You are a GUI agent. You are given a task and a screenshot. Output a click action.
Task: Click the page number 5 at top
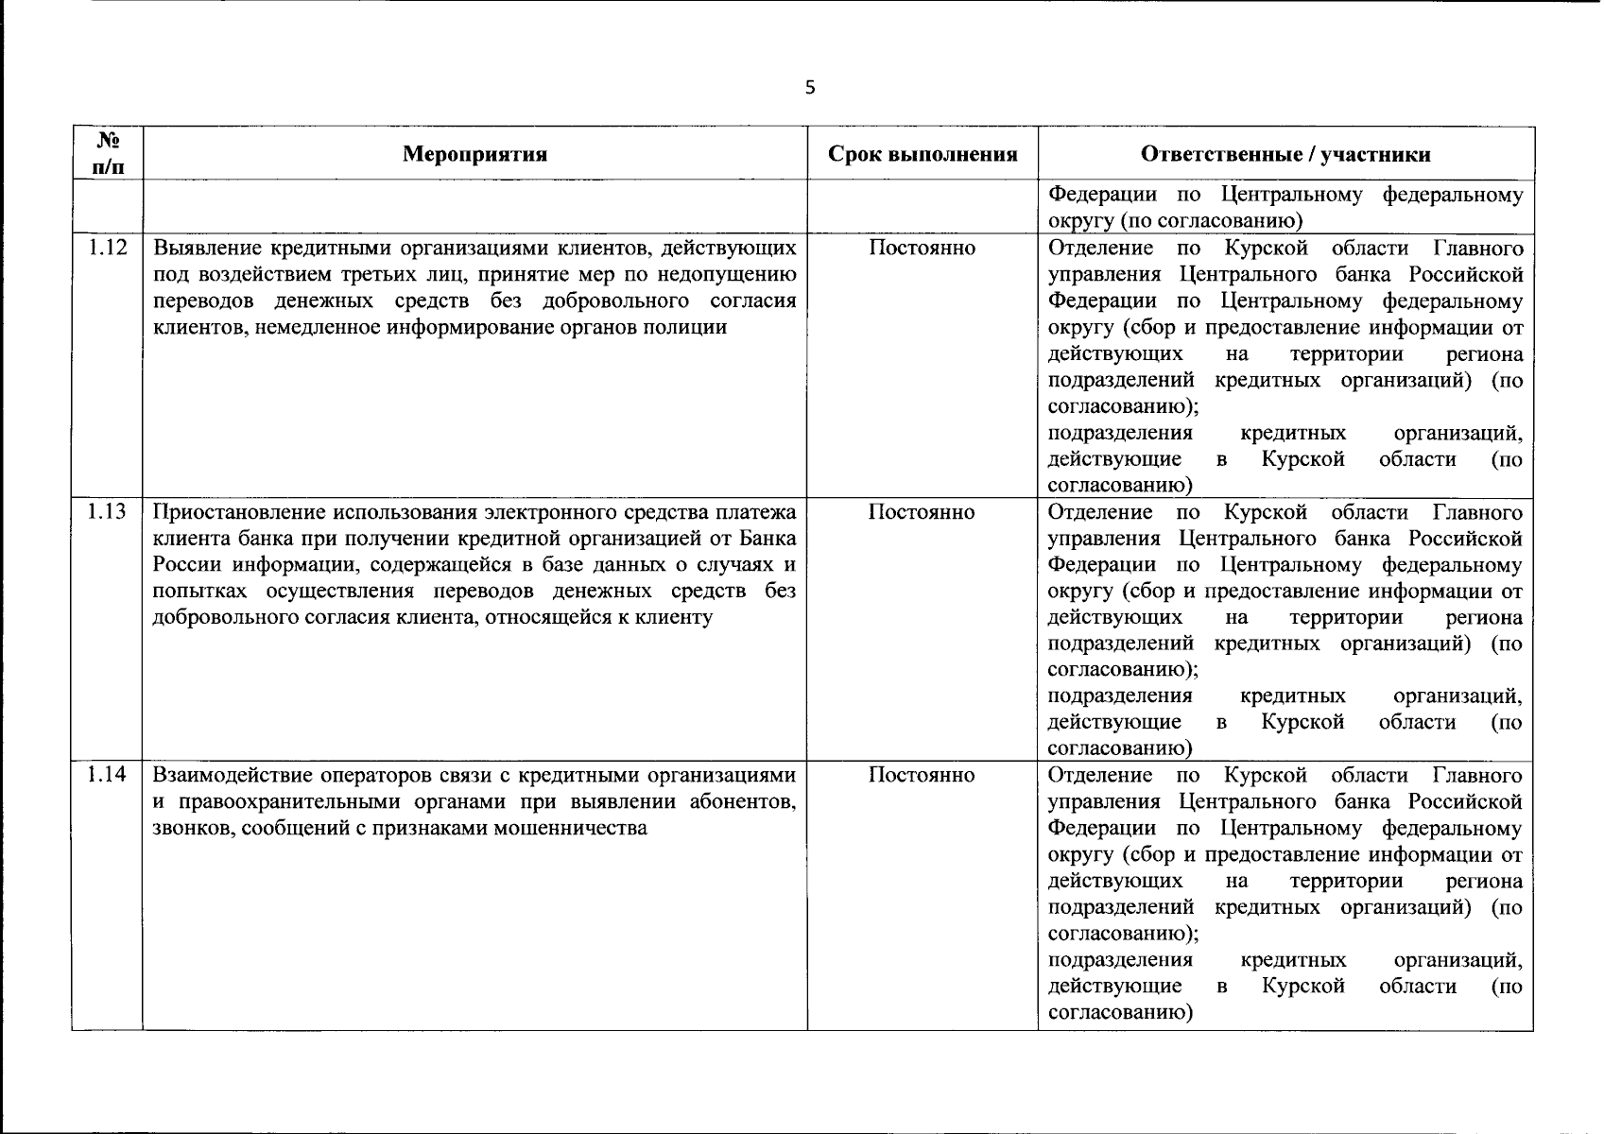point(808,88)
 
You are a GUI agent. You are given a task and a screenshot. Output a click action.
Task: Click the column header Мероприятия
point(474,154)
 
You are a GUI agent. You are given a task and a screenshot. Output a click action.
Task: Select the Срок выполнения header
point(923,154)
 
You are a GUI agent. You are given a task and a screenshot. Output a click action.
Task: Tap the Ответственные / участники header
point(1285,154)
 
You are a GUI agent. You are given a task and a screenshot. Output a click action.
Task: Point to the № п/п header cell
point(108,153)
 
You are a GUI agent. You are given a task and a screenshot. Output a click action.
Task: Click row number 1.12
point(108,249)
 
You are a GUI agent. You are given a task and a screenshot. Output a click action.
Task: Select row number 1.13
point(108,512)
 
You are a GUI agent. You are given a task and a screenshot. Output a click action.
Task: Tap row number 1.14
point(108,775)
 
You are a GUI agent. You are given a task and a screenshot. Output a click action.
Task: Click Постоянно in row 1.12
point(922,249)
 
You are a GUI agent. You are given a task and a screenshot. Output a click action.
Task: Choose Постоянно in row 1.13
point(922,512)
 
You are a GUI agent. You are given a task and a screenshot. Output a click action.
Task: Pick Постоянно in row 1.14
point(922,775)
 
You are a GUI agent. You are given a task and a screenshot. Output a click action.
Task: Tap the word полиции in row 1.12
point(695,328)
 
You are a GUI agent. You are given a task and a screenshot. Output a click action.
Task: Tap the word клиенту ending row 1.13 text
point(679,618)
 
